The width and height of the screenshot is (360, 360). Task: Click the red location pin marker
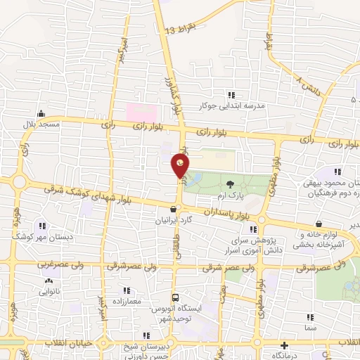(181, 165)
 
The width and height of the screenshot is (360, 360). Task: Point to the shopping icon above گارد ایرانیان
(173, 209)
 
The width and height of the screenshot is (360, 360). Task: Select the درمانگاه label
(283, 356)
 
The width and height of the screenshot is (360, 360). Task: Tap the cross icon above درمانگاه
(283, 346)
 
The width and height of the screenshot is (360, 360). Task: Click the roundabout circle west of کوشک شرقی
(18, 183)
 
